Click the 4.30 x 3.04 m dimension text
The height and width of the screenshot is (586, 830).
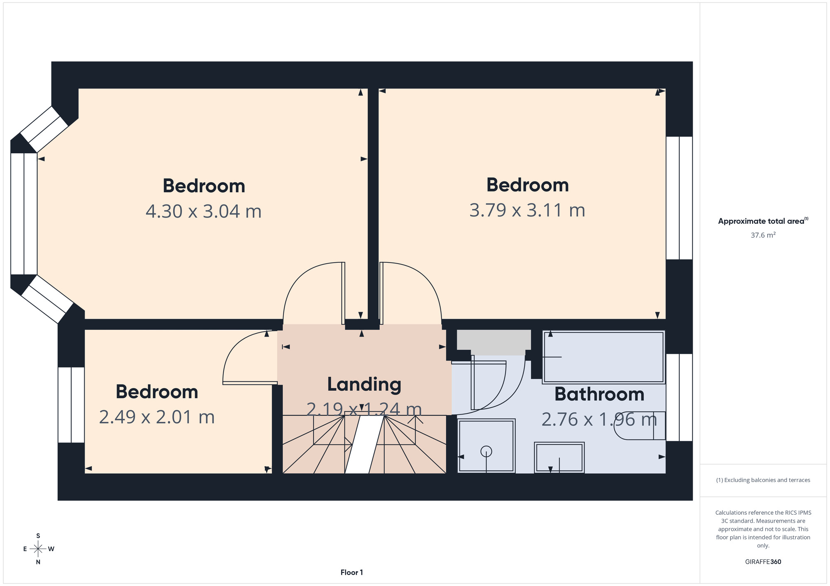tap(203, 211)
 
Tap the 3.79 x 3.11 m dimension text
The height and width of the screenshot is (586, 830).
tap(527, 210)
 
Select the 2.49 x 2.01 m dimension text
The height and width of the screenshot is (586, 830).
tap(157, 417)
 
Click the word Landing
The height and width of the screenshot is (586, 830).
tap(364, 385)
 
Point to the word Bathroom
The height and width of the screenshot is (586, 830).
tap(599, 394)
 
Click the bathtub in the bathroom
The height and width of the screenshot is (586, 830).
tap(604, 357)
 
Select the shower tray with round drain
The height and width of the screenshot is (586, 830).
tap(486, 446)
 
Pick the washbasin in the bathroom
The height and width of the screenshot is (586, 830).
tap(559, 458)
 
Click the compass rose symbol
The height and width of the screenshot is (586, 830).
tap(38, 549)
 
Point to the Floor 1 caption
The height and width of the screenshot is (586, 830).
tap(352, 572)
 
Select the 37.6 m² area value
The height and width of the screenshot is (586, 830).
tap(763, 235)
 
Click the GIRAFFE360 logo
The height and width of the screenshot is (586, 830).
tap(763, 562)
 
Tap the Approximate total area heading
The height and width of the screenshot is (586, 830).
tap(763, 221)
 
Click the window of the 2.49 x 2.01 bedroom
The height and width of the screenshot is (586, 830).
tap(71, 405)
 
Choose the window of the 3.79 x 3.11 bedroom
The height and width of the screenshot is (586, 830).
tap(679, 198)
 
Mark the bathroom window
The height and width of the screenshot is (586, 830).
tap(679, 397)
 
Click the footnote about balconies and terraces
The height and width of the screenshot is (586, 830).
tap(763, 480)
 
